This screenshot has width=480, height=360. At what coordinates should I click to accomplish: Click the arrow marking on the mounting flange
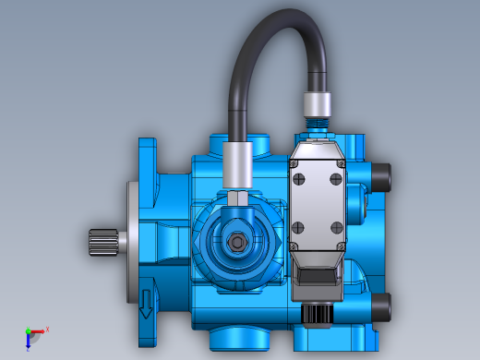click(x=146, y=302)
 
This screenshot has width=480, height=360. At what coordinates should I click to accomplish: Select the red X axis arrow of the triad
click(x=38, y=330)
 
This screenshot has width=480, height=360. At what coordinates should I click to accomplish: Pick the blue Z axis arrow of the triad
click(x=28, y=342)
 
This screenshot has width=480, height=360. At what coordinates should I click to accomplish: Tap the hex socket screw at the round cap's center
click(x=238, y=243)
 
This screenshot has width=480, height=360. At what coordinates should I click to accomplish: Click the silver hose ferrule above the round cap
click(x=237, y=164)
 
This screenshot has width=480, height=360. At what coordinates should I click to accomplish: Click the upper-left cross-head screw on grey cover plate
click(x=297, y=164)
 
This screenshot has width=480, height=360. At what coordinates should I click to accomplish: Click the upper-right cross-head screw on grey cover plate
click(x=341, y=164)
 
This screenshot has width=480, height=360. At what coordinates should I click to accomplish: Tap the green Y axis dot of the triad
click(x=28, y=330)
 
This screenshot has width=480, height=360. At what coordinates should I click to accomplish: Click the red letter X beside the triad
click(x=47, y=329)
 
